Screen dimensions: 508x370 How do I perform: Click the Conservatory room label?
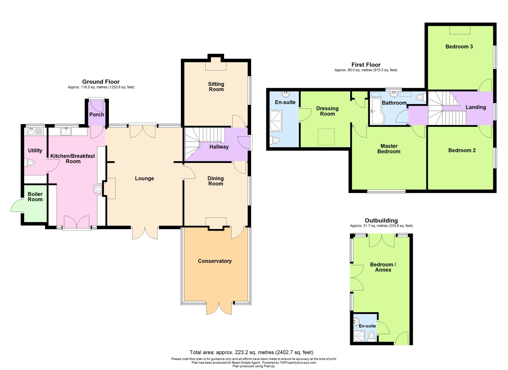click(x=215, y=261)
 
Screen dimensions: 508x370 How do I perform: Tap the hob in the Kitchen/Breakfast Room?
click(x=98, y=189)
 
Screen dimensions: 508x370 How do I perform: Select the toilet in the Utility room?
click(x=29, y=162)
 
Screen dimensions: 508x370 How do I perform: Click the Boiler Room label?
click(x=35, y=197)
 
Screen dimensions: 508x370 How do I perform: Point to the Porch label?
click(x=97, y=114)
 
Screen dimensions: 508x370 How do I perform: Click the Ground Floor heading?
click(x=101, y=82)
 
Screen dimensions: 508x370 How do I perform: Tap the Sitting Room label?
click(x=216, y=87)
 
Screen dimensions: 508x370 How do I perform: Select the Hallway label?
click(x=219, y=147)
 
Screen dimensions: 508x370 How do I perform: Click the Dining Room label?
click(x=216, y=181)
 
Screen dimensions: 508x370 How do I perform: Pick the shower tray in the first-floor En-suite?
click(x=276, y=121)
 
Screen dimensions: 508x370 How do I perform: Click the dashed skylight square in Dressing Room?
click(x=326, y=137)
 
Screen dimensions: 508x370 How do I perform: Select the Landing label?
click(x=476, y=107)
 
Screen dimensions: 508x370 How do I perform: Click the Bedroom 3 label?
click(x=459, y=47)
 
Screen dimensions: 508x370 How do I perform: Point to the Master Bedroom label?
click(x=389, y=149)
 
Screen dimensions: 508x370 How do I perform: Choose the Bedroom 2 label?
click(x=462, y=150)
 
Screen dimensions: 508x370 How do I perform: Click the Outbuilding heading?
click(x=381, y=221)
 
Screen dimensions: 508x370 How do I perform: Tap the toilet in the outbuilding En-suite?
click(x=372, y=336)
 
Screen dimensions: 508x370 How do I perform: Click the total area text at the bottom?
click(x=251, y=352)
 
